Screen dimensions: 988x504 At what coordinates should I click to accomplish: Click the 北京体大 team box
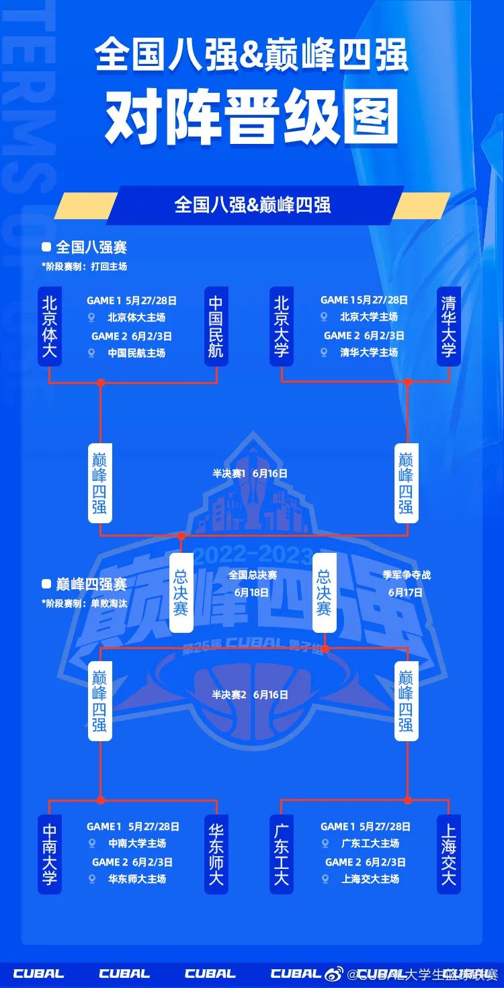click(x=49, y=326)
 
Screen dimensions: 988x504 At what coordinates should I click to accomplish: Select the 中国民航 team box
click(x=216, y=326)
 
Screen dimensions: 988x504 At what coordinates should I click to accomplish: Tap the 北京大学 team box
click(x=282, y=326)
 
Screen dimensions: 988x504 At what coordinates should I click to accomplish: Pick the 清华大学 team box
click(x=448, y=326)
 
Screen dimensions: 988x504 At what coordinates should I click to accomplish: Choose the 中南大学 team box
click(x=49, y=854)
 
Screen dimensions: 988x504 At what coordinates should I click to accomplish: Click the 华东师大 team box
click(x=216, y=854)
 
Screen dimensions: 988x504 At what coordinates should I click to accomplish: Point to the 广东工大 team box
click(x=282, y=854)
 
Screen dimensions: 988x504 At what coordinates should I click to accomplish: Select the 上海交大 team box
click(x=448, y=854)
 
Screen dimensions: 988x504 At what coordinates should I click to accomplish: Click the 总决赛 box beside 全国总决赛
click(x=181, y=593)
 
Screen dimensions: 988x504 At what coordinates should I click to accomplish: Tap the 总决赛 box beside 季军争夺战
click(x=325, y=593)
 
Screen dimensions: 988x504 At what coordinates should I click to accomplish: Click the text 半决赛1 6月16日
click(x=250, y=473)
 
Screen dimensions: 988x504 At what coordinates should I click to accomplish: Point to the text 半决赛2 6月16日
click(x=250, y=695)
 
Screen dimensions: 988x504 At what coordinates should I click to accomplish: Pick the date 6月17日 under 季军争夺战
click(x=405, y=593)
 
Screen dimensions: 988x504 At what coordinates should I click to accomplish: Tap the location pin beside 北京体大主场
click(x=91, y=317)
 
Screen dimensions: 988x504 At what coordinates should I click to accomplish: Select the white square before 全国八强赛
click(x=46, y=248)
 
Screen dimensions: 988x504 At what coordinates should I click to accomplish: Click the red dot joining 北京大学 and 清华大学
click(x=407, y=382)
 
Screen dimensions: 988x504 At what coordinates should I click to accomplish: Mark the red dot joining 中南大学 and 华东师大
click(x=101, y=800)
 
